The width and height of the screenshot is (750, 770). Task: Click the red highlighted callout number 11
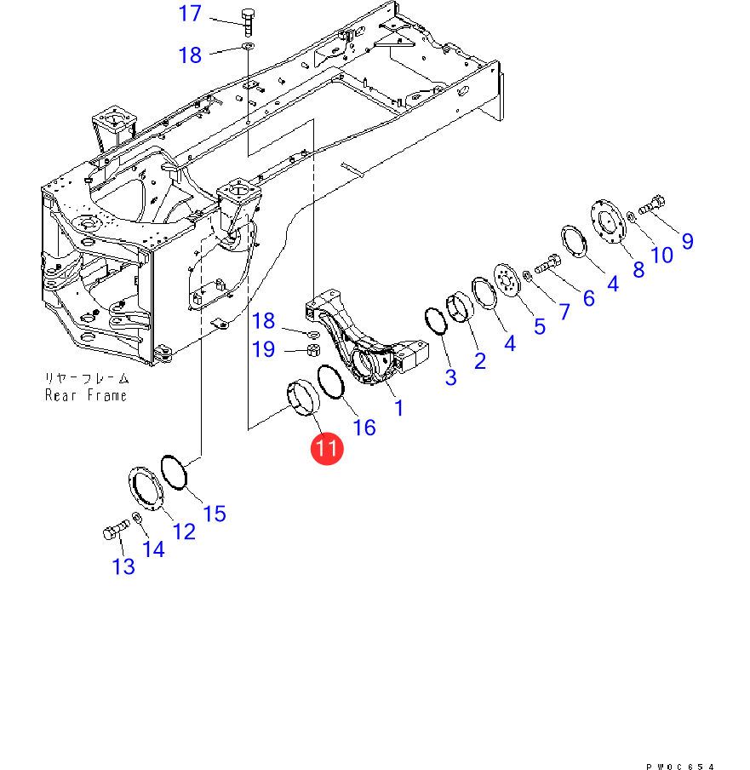pyautogui.click(x=327, y=448)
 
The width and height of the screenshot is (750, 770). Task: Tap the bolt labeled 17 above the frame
pyautogui.click(x=248, y=23)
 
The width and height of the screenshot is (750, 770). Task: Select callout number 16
pyautogui.click(x=364, y=428)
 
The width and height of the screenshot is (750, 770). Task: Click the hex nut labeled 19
pyautogui.click(x=313, y=350)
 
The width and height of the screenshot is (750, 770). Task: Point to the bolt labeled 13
pyautogui.click(x=117, y=530)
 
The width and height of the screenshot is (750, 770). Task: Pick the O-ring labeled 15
pyautogui.click(x=174, y=472)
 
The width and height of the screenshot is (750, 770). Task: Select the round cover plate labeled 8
pyautogui.click(x=608, y=221)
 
